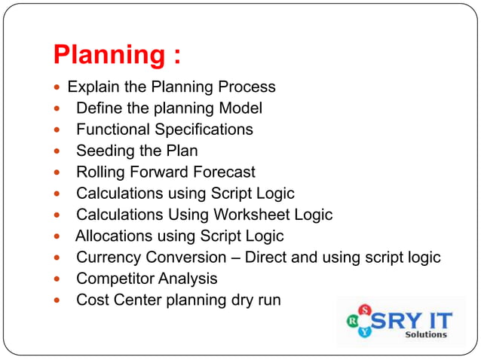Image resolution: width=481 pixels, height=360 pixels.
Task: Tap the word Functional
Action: point(112,130)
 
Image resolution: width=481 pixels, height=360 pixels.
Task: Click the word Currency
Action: point(107,258)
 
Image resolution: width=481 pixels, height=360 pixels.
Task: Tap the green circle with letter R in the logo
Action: point(352,321)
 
